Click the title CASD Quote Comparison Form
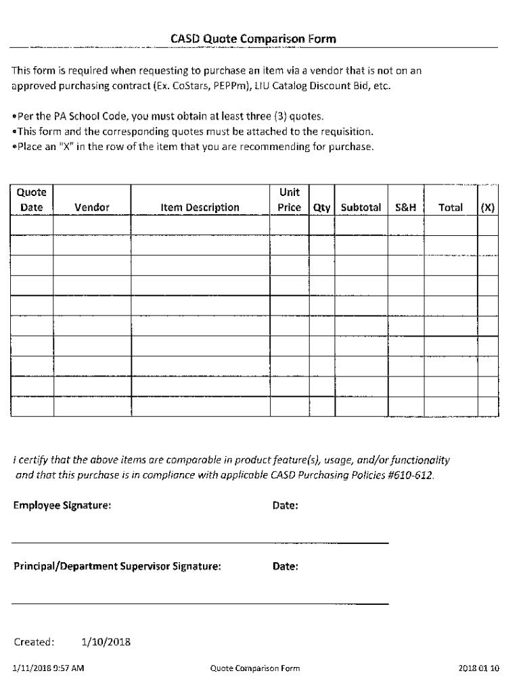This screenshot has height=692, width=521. pyautogui.click(x=253, y=40)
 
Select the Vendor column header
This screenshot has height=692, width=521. pyautogui.click(x=92, y=207)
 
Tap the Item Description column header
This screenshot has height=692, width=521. pyautogui.click(x=200, y=207)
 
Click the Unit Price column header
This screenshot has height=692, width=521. pyautogui.click(x=289, y=200)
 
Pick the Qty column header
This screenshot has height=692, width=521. pyautogui.click(x=321, y=207)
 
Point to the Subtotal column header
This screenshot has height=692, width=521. pyautogui.click(x=361, y=207)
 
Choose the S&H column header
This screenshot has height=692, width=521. pyautogui.click(x=405, y=207)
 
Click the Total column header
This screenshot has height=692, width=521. pyautogui.click(x=450, y=207)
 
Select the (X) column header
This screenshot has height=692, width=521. pyautogui.click(x=487, y=207)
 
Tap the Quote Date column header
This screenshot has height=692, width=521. pyautogui.click(x=31, y=200)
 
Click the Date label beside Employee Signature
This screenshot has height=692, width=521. pyautogui.click(x=286, y=505)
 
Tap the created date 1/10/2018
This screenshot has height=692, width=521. pyautogui.click(x=105, y=641)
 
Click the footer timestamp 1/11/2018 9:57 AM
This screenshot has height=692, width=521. pyautogui.click(x=48, y=669)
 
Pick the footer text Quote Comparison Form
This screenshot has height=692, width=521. pyautogui.click(x=254, y=669)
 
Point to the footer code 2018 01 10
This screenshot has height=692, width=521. pyautogui.click(x=478, y=669)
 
